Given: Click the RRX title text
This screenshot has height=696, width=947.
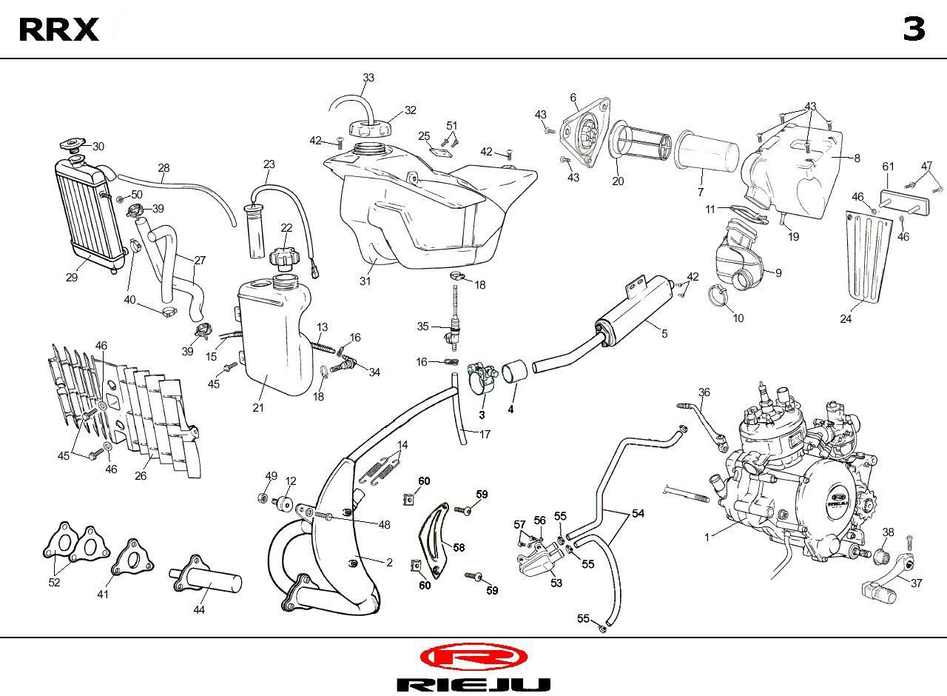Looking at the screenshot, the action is pos(58,30).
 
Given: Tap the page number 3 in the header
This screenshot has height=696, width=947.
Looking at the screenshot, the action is pos(914,29).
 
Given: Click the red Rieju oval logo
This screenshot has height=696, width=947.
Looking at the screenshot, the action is pos(473,657).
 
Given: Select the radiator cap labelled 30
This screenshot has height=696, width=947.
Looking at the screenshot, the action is pos(73,144).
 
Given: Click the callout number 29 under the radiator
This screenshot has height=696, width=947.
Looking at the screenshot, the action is pos(72,277).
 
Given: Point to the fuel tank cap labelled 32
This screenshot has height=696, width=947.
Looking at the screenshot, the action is pos(369,127).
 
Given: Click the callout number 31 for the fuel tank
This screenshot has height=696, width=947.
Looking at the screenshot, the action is pos(365,281).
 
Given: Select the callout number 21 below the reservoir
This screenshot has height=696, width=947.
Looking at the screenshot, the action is pos(258,407).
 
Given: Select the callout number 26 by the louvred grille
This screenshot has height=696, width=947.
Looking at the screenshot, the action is pos(141,475).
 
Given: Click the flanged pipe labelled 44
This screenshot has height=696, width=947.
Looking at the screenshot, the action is pos(206,578).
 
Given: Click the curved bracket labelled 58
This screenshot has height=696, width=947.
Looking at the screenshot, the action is pos(434,541).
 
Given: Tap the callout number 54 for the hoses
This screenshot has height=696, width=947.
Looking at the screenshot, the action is pos(638,513).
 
